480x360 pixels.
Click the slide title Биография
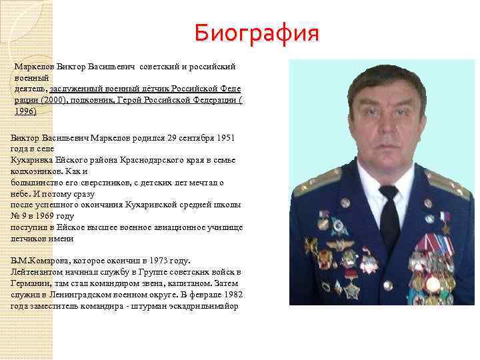click(257, 32)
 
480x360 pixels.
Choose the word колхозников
click(33, 171)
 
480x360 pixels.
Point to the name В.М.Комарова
click(35, 261)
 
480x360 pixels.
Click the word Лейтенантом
click(35, 272)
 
